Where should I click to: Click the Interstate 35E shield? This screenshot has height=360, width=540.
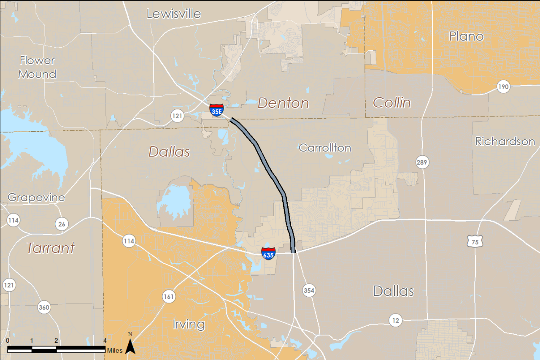tap(216, 110)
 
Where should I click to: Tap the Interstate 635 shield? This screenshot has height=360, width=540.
tap(268, 253)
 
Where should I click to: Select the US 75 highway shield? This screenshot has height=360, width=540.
tap(475, 241)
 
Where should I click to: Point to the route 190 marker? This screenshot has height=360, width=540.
tap(503, 87)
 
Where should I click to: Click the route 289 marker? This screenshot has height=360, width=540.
tap(422, 161)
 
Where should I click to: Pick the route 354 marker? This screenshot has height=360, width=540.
tap(309, 290)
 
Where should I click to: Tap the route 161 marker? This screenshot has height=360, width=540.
tap(169, 297)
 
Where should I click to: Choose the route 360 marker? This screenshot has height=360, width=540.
tap(44, 307)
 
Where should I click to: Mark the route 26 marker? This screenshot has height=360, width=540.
tap(62, 224)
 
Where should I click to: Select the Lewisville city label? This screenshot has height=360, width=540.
tap(173, 14)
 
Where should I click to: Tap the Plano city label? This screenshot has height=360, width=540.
tap(466, 36)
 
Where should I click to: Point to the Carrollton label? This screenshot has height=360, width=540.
tap(325, 148)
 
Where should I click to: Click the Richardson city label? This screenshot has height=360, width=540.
tap(505, 141)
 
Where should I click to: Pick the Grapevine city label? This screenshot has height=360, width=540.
tap(36, 197)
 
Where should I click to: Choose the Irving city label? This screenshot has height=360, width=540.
tap(189, 325)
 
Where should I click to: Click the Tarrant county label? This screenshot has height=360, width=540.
tap(51, 248)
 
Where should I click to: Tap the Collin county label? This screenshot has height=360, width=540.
tap(392, 103)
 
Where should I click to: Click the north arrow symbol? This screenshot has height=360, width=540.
tap(130, 344)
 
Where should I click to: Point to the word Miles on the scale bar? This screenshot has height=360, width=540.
tap(115, 351)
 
